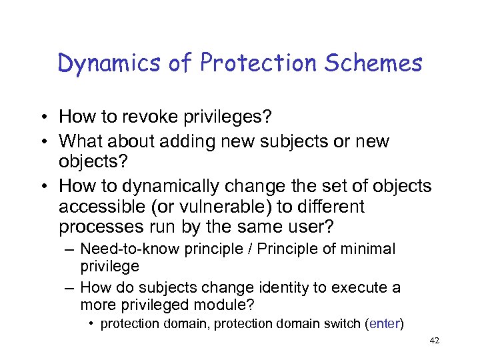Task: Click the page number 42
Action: [x=433, y=341]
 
